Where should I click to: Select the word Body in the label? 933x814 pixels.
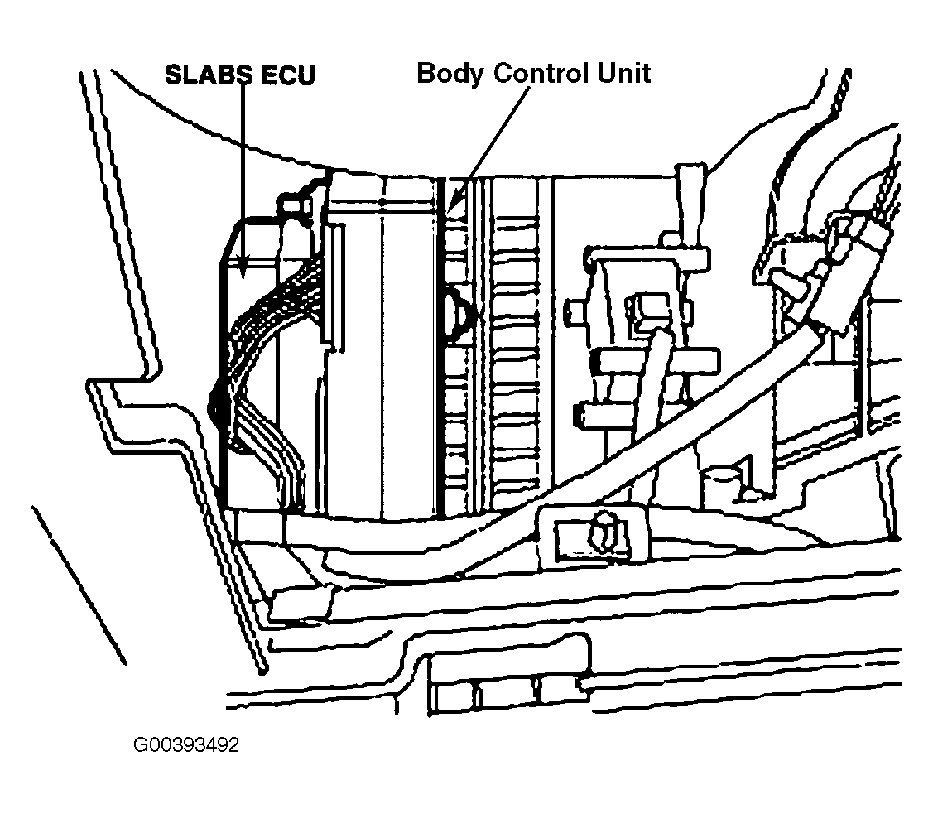(450, 74)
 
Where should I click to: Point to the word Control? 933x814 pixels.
(542, 73)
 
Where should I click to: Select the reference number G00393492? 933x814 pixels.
(186, 745)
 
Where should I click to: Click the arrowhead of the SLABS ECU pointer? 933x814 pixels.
(243, 265)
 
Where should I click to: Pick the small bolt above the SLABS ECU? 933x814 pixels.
(295, 205)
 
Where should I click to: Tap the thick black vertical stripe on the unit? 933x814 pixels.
(441, 345)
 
